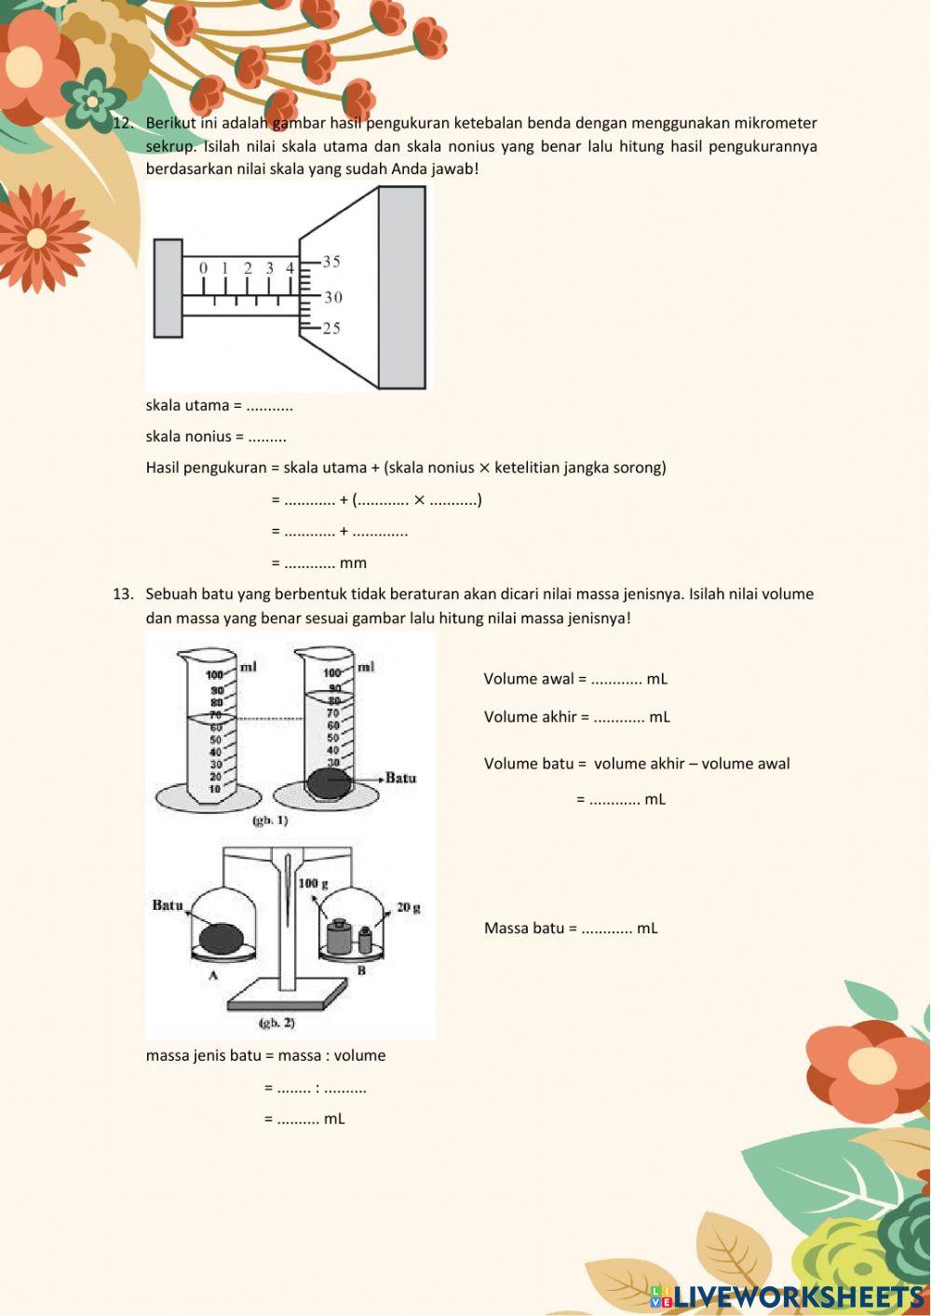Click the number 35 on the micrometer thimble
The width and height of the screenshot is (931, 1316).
[331, 262]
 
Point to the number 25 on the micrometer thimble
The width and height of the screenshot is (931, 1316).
[331, 328]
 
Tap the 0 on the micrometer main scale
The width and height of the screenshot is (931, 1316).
[204, 268]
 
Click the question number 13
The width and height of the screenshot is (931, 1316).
[124, 593]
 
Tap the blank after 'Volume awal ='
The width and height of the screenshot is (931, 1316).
[616, 679]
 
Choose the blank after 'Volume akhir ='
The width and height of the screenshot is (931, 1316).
[619, 717]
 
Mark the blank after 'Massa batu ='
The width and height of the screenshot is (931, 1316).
[607, 929]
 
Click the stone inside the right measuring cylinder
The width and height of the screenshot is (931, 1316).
[330, 782]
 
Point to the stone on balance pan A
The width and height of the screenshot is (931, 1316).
[223, 937]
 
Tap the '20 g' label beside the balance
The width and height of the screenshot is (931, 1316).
[409, 907]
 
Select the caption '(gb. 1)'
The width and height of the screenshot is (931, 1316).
[270, 821]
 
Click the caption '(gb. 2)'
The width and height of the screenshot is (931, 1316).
[277, 1023]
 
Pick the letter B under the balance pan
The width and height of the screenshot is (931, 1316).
[361, 970]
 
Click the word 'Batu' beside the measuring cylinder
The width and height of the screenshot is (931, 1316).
[400, 778]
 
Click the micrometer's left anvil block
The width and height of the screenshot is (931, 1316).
[168, 288]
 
